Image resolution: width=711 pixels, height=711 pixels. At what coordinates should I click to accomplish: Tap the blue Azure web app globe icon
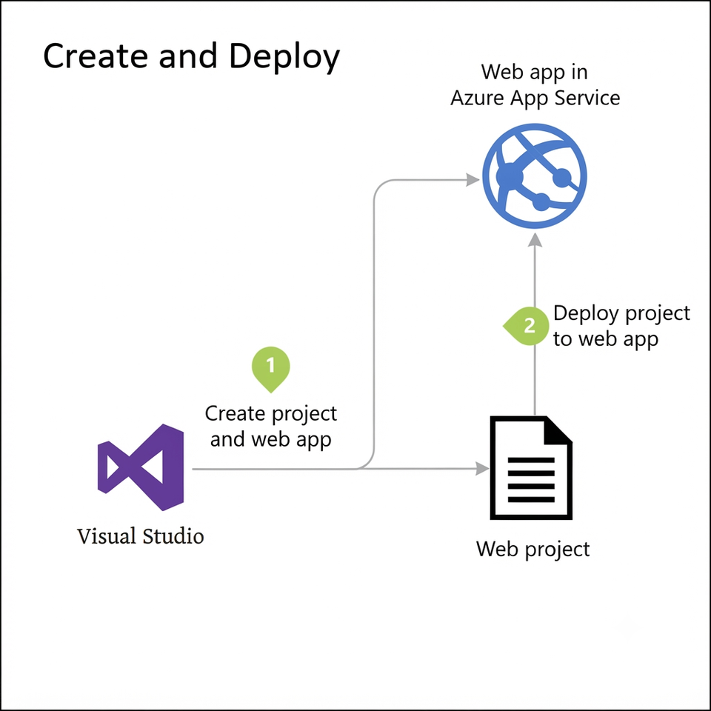[x=535, y=176]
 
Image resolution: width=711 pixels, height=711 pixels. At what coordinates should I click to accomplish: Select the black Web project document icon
[x=531, y=467]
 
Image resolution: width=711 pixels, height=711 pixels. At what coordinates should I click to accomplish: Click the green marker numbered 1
[x=271, y=368]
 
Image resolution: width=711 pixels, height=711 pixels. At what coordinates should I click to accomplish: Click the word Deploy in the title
[x=284, y=56]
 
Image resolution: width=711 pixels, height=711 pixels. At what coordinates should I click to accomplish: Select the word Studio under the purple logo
[x=173, y=536]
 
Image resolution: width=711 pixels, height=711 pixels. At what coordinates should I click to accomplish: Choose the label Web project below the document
[x=533, y=550]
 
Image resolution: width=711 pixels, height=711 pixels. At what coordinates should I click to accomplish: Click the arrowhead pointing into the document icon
[x=482, y=468]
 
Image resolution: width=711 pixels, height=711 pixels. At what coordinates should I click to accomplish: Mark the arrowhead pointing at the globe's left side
[x=473, y=180]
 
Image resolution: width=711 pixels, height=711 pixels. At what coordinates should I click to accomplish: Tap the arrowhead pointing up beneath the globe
[x=535, y=239]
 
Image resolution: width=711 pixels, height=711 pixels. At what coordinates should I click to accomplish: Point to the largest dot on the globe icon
[x=510, y=176]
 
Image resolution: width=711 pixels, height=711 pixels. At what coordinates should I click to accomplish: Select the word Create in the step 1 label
[x=235, y=413]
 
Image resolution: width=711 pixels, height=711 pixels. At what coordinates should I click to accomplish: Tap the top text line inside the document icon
[x=531, y=460]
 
